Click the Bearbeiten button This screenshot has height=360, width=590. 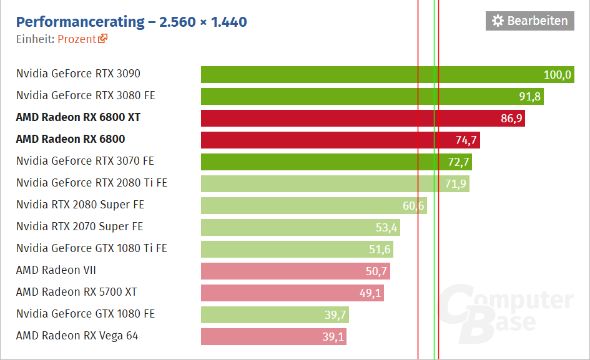[529, 21]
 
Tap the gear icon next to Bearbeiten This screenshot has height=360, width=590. [498, 21]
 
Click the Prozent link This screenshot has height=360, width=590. [77, 39]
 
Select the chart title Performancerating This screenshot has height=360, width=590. [80, 22]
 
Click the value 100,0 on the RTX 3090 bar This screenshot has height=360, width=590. [557, 75]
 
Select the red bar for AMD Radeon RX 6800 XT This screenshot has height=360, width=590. [362, 118]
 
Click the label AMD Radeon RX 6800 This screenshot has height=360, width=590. [71, 139]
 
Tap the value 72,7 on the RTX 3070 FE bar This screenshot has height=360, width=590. [458, 162]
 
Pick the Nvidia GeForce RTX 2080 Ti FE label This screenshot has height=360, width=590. [92, 183]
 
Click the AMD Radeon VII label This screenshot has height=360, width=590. [56, 270]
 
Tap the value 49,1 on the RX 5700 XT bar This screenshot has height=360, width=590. [371, 293]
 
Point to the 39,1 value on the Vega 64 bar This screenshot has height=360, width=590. [333, 337]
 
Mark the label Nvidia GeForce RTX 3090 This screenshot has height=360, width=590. [78, 74]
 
